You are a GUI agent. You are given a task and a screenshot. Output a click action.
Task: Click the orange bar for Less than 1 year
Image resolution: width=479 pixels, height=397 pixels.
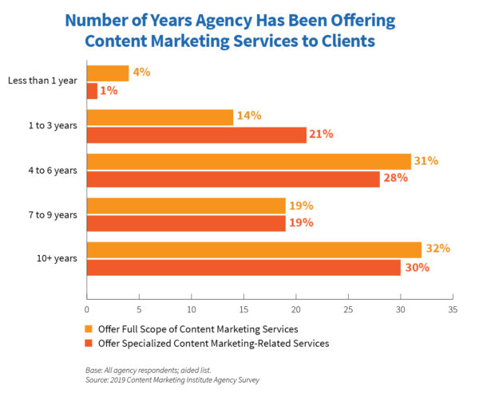coord(108,73)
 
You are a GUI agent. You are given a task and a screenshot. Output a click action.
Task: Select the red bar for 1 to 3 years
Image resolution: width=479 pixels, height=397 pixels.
coord(196,135)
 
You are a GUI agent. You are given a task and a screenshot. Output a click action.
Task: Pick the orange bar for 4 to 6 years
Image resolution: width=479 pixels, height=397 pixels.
coord(248,161)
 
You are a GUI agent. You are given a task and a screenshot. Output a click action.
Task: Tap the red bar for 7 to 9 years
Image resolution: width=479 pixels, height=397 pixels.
coord(186,222)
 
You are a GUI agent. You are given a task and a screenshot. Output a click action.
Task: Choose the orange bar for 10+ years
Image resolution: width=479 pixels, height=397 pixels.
coord(254,249)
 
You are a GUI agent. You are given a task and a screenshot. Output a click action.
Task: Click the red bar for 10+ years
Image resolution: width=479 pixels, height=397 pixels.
coord(243,267)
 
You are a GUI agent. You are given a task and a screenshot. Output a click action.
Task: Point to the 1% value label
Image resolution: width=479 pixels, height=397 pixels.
coord(109,91)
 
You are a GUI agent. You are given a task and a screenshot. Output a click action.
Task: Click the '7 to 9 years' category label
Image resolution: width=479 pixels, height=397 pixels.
coord(53,214)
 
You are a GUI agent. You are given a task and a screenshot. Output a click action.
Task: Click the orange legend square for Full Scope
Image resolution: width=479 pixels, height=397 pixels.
coord(89,328)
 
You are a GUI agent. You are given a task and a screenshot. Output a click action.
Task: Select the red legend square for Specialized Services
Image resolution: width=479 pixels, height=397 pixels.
coord(89,344)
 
